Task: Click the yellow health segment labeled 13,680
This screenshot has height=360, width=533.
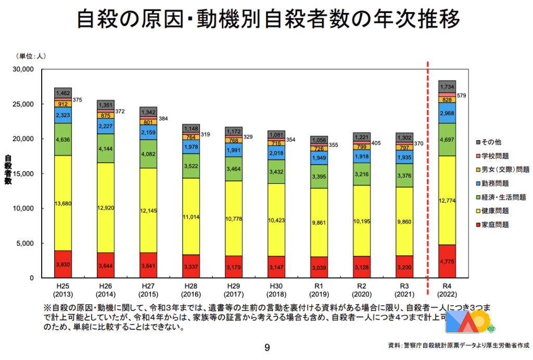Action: pos(63,203)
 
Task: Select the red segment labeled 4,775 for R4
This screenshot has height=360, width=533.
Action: pos(447,262)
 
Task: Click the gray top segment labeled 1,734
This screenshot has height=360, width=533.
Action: pos(447,86)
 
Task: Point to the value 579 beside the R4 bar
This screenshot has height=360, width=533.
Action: pos(462,95)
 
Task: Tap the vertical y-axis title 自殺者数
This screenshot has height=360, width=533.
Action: pos(8,169)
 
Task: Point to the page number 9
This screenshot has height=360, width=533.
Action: pos(267,347)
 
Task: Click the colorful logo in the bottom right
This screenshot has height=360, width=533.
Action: pos(468,323)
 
